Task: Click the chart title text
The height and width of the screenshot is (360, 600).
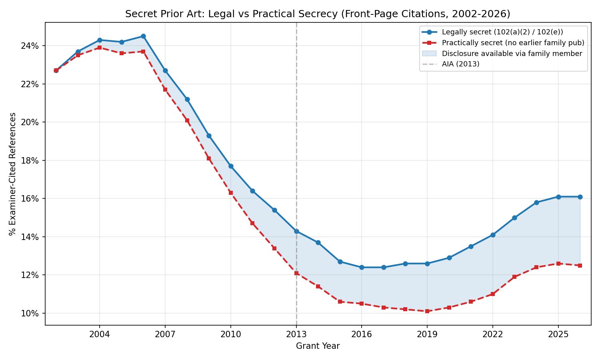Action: point(318,14)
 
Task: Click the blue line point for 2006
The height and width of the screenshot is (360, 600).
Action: point(143,36)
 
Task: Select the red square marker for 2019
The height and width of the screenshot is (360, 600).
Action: point(427,311)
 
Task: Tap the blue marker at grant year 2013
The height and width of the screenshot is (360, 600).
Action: point(296,231)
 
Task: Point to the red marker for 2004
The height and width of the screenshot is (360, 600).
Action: point(100,48)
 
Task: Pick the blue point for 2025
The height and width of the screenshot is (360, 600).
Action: point(558,197)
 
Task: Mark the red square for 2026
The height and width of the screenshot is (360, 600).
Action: point(580,266)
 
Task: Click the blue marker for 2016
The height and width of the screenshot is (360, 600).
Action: point(362,267)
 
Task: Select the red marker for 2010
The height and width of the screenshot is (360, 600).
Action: point(230,193)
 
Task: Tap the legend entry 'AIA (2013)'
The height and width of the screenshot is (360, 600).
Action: point(460,64)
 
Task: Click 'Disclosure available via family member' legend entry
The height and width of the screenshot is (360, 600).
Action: point(512,54)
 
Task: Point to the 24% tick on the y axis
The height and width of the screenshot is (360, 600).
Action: point(30,46)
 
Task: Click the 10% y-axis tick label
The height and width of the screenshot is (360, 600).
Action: point(30,313)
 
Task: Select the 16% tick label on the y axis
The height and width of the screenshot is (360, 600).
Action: point(30,199)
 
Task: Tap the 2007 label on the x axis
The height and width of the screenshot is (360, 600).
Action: point(165,334)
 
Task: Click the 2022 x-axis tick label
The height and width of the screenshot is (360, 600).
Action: point(492,334)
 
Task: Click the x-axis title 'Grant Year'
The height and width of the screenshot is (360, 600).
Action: point(318,346)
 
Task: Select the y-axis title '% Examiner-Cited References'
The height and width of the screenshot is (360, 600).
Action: point(13,174)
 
